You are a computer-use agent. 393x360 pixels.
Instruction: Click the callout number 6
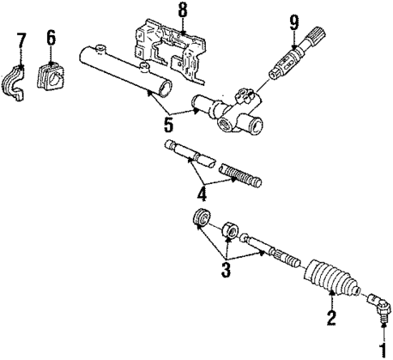pos(51,37)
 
